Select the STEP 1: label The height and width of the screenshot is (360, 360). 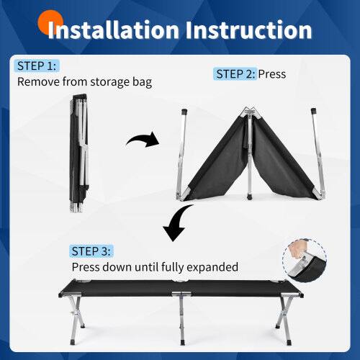click(x=35, y=66)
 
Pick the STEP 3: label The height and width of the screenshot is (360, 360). click(x=91, y=251)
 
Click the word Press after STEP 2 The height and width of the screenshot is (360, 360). click(x=272, y=73)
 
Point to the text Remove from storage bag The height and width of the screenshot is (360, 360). click(x=84, y=81)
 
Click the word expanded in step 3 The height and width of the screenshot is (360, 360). click(x=210, y=266)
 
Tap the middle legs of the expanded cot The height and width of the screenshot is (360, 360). click(x=181, y=317)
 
